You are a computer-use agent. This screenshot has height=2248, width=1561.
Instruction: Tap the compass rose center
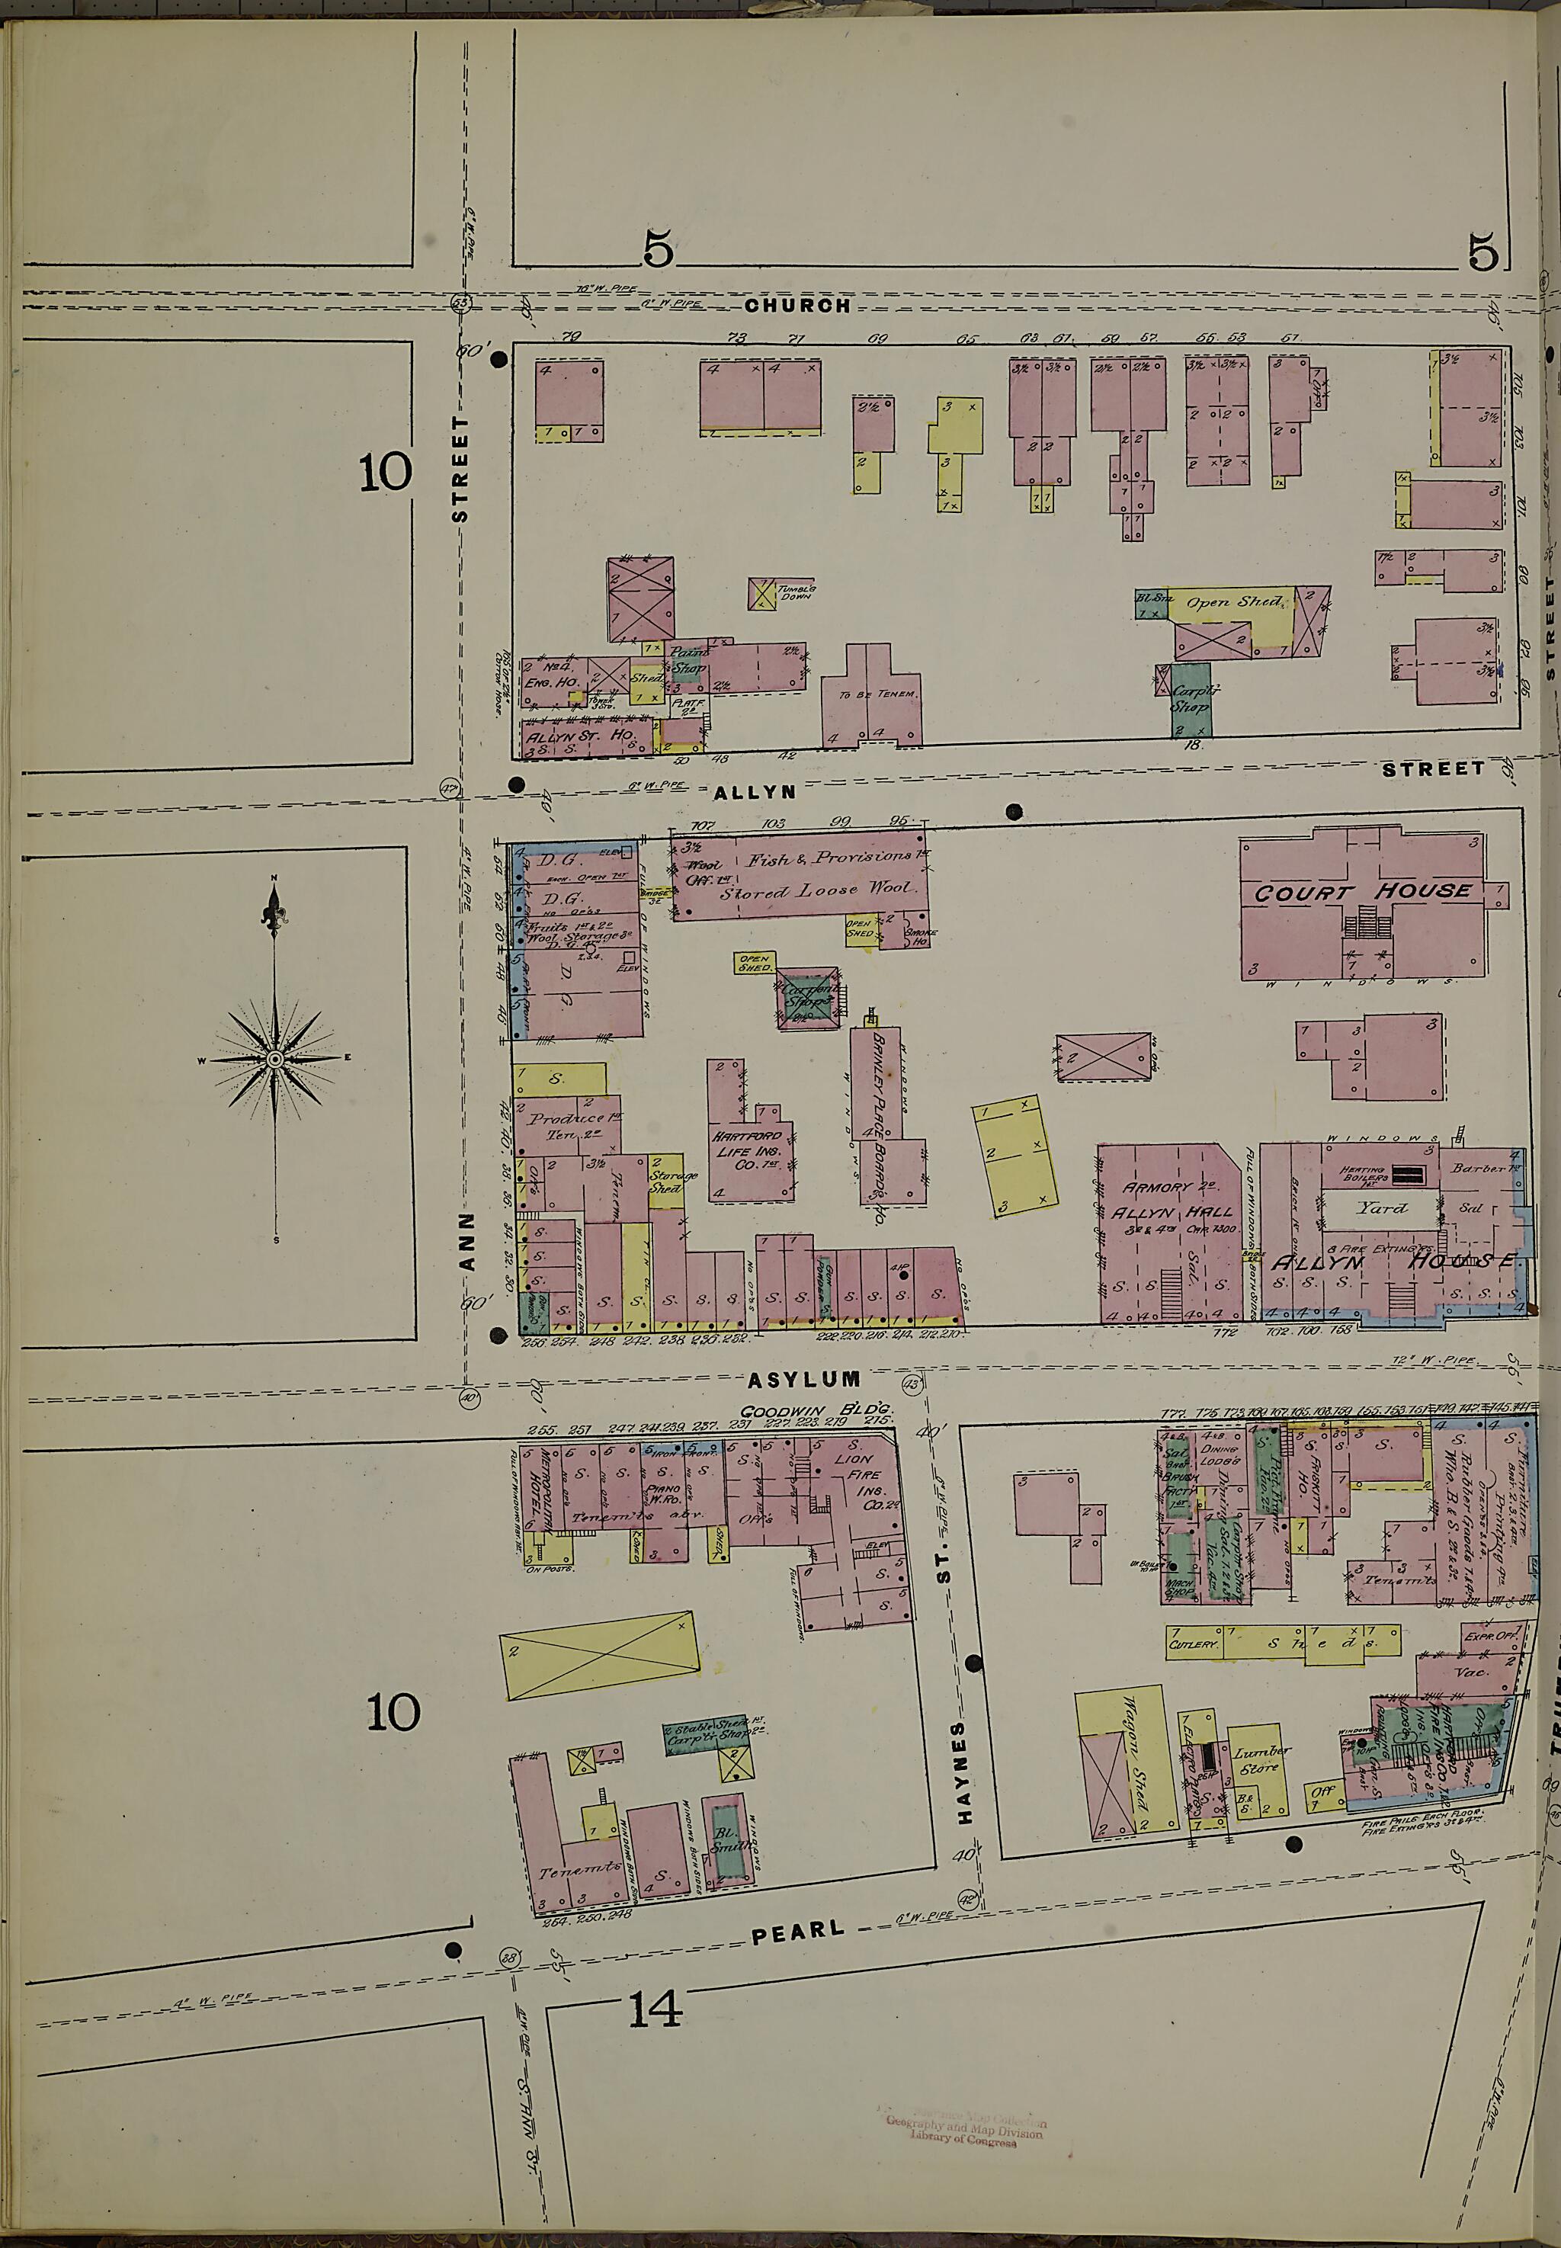pos(275,1060)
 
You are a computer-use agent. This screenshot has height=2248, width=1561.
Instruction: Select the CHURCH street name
pos(797,305)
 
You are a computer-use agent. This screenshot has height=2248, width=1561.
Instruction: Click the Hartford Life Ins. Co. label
pos(746,1150)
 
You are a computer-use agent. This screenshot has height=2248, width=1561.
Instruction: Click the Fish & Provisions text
pos(829,858)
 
